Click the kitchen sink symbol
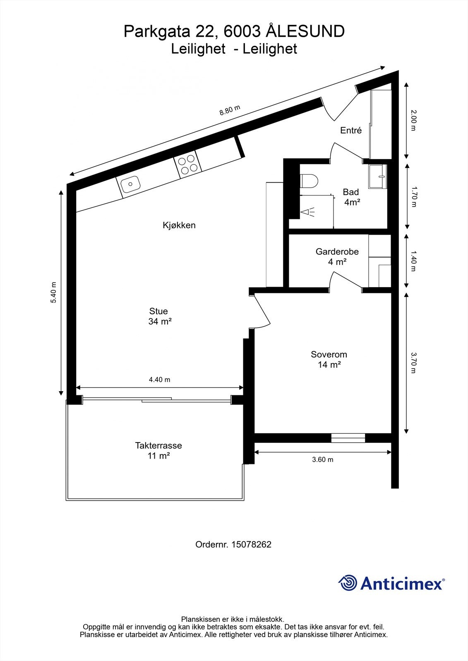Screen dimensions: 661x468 [x=129, y=183]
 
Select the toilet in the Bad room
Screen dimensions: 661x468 [x=309, y=181]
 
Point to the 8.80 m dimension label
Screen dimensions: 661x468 [x=230, y=110]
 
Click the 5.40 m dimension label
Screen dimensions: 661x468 [x=53, y=292]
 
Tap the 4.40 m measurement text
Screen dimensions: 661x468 [x=159, y=380]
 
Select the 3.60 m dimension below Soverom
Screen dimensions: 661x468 [x=322, y=459]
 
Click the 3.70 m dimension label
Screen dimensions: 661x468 [x=413, y=362]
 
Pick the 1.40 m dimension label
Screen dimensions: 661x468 [x=413, y=261]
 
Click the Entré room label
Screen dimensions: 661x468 [x=351, y=131]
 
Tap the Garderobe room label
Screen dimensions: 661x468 [x=337, y=252]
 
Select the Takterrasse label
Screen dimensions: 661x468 [x=158, y=446]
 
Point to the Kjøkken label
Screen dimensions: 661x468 [x=179, y=226]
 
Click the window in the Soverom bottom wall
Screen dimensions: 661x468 [x=348, y=438]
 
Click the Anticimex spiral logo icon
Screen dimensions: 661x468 [x=348, y=583]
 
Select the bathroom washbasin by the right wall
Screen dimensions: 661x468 [x=378, y=176]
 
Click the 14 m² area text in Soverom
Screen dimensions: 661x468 [x=329, y=365]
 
